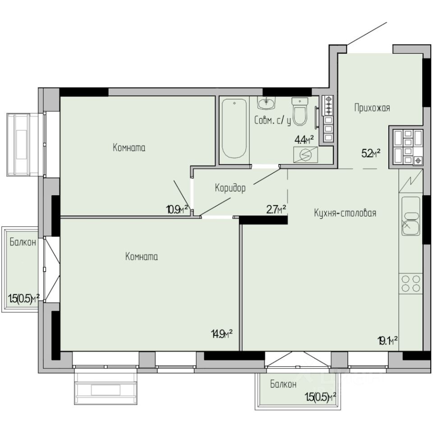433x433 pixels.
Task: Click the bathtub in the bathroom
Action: [234, 129]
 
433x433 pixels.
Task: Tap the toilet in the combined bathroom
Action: [299, 111]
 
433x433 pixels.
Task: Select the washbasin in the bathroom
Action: [267, 102]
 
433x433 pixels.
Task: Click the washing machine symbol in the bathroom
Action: [305, 155]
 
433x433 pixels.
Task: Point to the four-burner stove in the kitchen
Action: [410, 284]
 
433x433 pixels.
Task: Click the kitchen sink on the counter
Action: [410, 216]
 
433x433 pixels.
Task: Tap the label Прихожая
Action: [372, 108]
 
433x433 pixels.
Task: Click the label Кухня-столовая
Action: [345, 213]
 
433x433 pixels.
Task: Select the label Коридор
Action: [230, 189]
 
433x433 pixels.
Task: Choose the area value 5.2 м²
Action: [371, 153]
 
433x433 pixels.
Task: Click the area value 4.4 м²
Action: [304, 140]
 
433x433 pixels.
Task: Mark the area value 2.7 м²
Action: [276, 210]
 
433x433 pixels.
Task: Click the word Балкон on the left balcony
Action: [23, 242]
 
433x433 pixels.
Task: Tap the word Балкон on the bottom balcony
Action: [283, 384]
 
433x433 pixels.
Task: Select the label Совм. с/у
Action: [272, 121]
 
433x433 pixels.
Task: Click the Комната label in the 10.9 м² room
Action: [129, 148]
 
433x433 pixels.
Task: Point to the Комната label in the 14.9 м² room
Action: [142, 257]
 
